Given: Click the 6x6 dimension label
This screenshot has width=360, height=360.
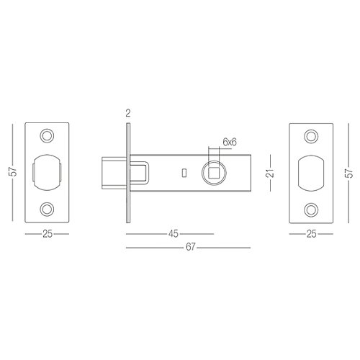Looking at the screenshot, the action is [x=230, y=142].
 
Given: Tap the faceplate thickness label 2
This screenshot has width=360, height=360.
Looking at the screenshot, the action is [x=128, y=113].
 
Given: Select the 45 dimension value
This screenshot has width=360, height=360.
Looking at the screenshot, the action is [x=174, y=233].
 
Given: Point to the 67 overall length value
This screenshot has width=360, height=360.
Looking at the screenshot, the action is [x=190, y=247].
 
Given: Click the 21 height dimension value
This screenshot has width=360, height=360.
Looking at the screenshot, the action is [x=270, y=173].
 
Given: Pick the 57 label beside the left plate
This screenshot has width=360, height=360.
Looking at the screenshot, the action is [x=13, y=172].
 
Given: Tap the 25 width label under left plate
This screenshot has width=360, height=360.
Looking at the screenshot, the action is [x=48, y=233].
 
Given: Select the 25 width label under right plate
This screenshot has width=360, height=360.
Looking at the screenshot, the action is [x=311, y=234].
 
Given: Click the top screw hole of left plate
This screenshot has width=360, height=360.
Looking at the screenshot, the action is [x=47, y=135].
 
